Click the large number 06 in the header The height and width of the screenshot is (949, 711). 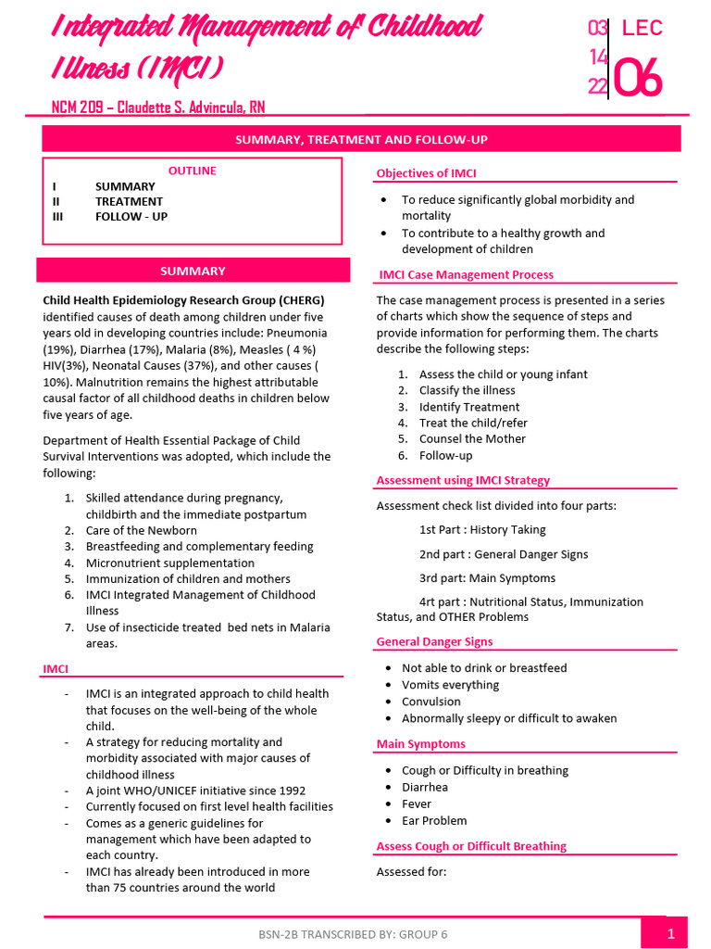[639, 80]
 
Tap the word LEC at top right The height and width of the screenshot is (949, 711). [642, 28]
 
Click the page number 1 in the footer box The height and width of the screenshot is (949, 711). [670, 934]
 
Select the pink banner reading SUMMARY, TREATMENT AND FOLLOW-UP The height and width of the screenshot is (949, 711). [361, 139]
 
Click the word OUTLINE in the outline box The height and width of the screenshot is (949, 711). [193, 171]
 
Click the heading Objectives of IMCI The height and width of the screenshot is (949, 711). [426, 173]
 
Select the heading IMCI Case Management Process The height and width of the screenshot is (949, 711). [467, 274]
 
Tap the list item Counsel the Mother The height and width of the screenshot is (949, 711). [472, 439]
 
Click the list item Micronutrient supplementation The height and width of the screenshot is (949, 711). [169, 563]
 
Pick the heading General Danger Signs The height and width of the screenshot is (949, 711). [434, 641]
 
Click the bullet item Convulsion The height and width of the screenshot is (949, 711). [431, 702]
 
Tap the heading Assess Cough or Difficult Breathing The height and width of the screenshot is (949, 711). [471, 846]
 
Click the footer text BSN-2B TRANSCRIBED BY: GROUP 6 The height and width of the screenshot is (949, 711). [353, 934]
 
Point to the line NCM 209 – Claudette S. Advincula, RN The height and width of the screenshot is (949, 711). [157, 108]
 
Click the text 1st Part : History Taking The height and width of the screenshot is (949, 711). [482, 530]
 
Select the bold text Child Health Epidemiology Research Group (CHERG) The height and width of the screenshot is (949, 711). [183, 300]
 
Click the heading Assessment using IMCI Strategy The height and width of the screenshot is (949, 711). [463, 480]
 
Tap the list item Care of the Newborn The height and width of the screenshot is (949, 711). [141, 530]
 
